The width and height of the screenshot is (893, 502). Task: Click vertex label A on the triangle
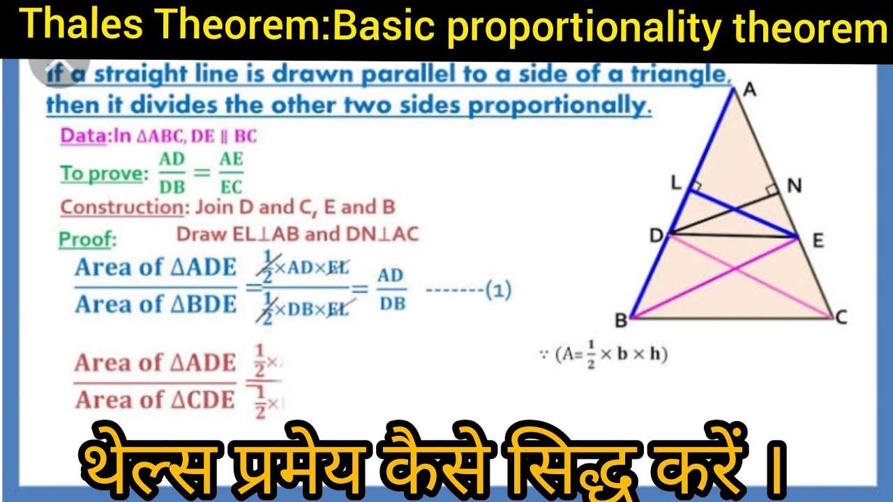click(750, 90)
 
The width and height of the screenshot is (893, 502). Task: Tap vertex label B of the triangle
click(620, 321)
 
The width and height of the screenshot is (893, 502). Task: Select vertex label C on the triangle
click(841, 318)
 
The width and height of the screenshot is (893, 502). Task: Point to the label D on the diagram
click(656, 236)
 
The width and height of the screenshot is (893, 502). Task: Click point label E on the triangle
click(818, 241)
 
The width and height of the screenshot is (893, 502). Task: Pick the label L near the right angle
click(675, 183)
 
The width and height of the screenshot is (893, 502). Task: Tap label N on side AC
click(794, 185)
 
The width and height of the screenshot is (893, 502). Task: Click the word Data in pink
click(82, 136)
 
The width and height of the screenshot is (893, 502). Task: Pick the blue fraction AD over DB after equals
click(391, 289)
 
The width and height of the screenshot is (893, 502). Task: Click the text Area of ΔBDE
click(156, 305)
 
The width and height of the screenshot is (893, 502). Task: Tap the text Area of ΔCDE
click(155, 400)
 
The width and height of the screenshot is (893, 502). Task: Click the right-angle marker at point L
click(695, 187)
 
